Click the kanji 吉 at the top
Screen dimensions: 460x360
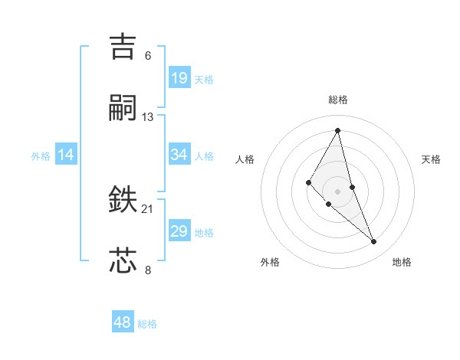(x=123, y=47)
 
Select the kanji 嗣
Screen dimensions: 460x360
(x=123, y=109)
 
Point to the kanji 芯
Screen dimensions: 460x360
(x=123, y=260)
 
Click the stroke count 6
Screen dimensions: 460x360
(x=148, y=56)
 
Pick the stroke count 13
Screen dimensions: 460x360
(x=148, y=117)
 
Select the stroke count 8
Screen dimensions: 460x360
(x=148, y=269)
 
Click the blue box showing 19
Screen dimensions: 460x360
(x=179, y=77)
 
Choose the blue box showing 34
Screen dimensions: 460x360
(x=179, y=155)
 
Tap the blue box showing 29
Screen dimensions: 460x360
(x=179, y=231)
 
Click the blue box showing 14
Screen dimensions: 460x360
(x=66, y=155)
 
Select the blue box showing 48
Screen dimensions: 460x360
(x=123, y=322)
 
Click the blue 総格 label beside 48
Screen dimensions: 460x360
(x=147, y=324)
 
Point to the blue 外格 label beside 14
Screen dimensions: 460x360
(x=41, y=156)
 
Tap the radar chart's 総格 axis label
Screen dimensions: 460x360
(x=338, y=100)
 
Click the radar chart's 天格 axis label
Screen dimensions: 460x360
(x=431, y=159)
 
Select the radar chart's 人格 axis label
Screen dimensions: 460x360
(x=245, y=159)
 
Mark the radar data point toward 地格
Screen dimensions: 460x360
(x=374, y=242)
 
